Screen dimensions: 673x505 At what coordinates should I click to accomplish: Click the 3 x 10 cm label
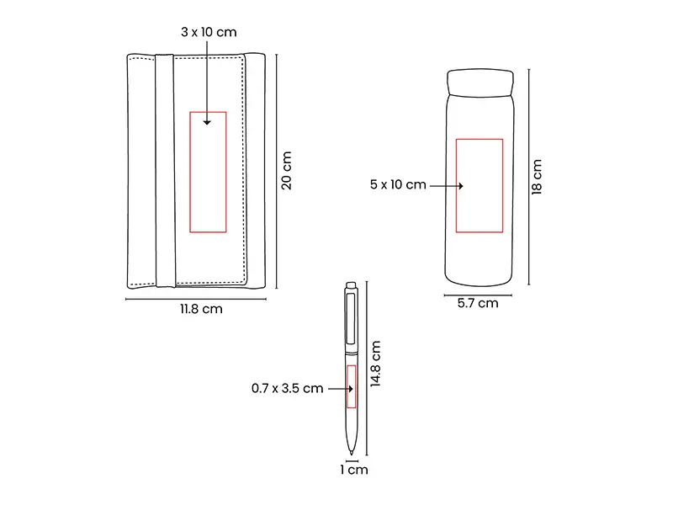[209, 32]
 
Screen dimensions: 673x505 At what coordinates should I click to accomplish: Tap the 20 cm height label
[286, 171]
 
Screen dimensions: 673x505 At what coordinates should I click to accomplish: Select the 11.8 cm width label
[201, 309]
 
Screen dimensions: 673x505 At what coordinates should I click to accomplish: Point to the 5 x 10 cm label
[398, 184]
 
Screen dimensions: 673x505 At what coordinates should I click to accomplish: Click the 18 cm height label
[537, 177]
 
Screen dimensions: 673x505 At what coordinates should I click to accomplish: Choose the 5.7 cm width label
[478, 303]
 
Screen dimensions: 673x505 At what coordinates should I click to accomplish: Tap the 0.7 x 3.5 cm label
[287, 389]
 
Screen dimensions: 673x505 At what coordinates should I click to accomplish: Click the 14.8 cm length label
[375, 364]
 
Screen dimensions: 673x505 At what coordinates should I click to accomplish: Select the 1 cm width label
[354, 470]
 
